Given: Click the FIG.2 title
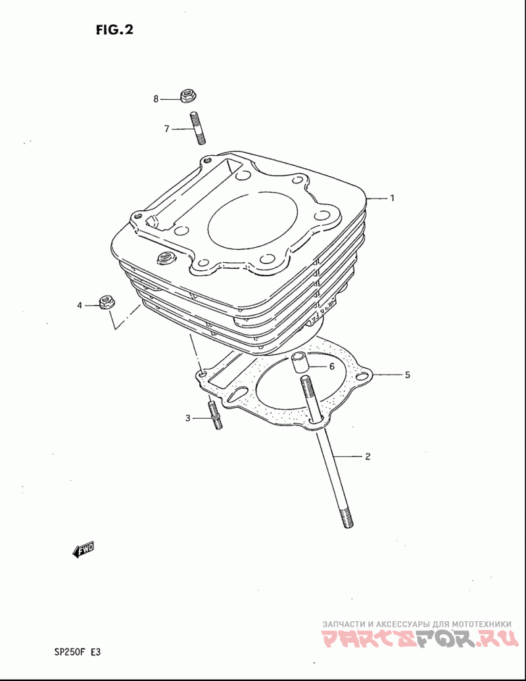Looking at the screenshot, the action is (114, 30).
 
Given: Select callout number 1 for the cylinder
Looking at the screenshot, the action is (393, 198).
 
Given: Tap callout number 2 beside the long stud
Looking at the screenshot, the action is (368, 456).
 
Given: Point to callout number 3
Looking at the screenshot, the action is (187, 418).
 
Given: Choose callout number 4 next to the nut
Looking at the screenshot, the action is (80, 306).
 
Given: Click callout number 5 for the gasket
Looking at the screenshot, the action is (408, 375).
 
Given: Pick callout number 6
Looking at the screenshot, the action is (332, 367).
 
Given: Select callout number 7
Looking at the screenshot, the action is (166, 129).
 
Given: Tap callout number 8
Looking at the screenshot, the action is (156, 99).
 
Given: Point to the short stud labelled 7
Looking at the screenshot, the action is (197, 128).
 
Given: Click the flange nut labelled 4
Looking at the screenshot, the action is (107, 302).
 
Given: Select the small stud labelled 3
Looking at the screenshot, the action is (215, 415).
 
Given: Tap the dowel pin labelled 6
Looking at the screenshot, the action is (300, 362).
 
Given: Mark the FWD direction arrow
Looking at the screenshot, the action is (83, 550).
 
